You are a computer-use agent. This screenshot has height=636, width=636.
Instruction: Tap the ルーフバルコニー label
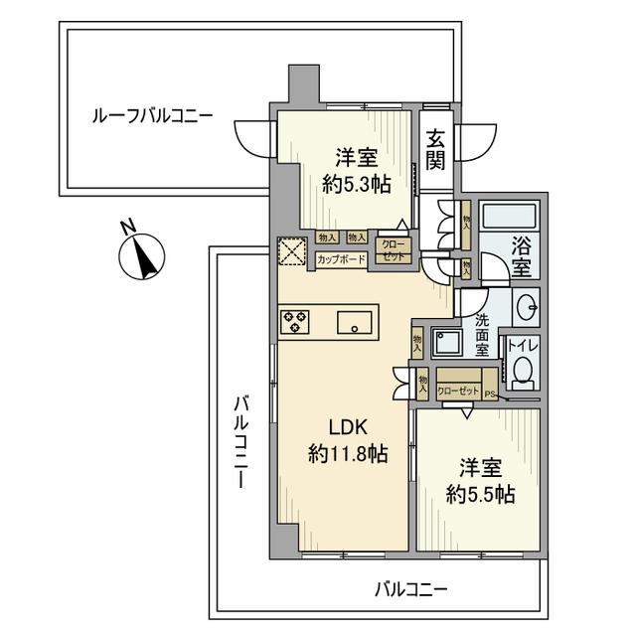click(x=152, y=116)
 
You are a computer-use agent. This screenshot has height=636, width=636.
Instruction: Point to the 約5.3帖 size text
click(x=356, y=184)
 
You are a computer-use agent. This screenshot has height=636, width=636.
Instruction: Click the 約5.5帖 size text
click(x=480, y=494)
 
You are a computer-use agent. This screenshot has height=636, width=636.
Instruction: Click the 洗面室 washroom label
click(x=482, y=336)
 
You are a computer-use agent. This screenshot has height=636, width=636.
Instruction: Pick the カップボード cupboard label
click(x=341, y=259)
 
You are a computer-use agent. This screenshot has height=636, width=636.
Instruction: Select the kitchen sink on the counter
click(x=354, y=322)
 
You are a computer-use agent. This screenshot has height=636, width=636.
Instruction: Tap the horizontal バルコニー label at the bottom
click(x=410, y=587)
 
